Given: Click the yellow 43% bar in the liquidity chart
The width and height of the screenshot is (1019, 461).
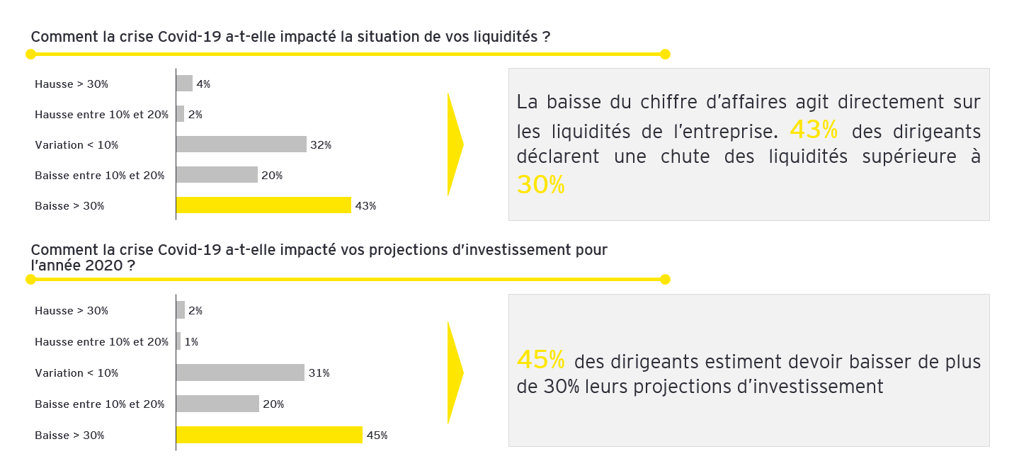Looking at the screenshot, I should coord(263,205).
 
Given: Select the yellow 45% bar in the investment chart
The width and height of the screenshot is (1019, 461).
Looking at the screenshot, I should coord(269,435).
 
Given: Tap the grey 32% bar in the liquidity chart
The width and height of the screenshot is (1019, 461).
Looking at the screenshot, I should coord(241,144).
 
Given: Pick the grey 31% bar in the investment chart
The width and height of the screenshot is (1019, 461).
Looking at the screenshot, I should coord(240,372).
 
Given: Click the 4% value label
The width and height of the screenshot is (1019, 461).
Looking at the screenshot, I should coord(203,84).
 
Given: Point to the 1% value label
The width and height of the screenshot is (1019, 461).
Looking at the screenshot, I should coord(191,342).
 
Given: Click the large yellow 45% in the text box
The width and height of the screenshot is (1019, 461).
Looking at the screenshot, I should coord(540,360).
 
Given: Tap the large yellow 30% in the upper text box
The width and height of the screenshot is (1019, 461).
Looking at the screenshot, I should coord(540,184).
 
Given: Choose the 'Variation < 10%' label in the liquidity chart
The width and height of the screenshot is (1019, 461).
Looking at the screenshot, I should coord(76,145).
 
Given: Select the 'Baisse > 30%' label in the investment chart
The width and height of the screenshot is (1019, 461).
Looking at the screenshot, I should coord(69,436).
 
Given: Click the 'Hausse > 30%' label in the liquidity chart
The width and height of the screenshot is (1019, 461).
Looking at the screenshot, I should coord(72,84).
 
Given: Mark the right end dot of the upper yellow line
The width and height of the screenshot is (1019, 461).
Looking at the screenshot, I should coord(664,54).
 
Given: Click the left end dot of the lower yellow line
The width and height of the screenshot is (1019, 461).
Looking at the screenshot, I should coord(30,279).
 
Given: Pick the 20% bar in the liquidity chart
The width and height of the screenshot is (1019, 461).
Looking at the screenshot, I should coord(217,175).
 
